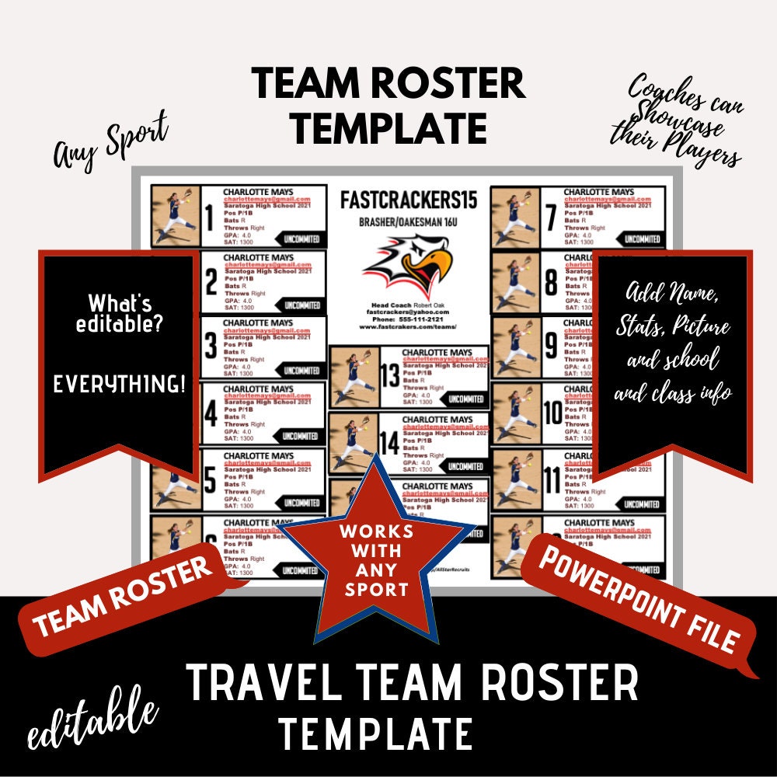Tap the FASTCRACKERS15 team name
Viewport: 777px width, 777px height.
tap(409, 200)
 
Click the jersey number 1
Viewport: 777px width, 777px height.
tap(208, 217)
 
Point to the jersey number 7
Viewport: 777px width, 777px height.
tap(551, 217)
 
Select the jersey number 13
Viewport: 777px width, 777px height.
tap(389, 377)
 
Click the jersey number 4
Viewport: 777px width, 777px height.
tap(210, 414)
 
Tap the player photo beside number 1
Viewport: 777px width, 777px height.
tap(176, 215)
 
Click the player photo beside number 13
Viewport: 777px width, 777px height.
tap(354, 377)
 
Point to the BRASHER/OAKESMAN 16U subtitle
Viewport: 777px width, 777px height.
tap(409, 222)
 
